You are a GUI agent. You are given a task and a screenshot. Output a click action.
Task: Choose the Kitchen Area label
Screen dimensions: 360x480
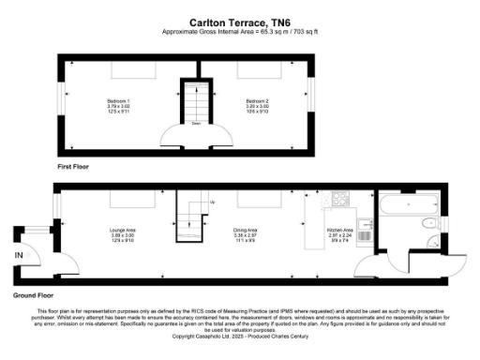point(338,229)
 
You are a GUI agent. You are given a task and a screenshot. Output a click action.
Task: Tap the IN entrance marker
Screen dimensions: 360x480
point(18,254)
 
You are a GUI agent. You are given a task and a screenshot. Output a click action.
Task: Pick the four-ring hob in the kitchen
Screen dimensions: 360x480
point(339,200)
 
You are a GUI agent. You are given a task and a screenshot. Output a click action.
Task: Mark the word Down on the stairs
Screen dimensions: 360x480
point(194,122)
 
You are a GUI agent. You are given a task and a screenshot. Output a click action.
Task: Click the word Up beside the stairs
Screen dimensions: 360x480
point(212,202)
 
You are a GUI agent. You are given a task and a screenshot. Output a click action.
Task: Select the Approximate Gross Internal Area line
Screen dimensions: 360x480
point(240,29)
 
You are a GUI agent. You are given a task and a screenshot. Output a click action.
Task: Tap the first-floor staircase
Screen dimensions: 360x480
point(194,103)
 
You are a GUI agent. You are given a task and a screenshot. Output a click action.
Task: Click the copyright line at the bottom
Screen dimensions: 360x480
point(240,336)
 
